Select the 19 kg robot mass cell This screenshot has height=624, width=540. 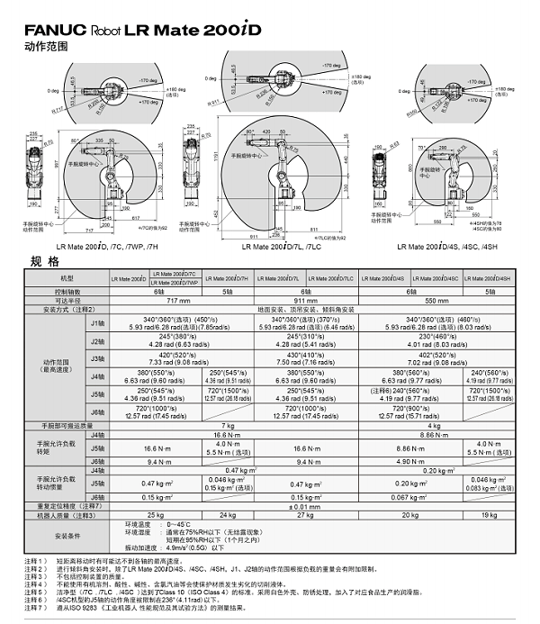coord(490,514)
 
